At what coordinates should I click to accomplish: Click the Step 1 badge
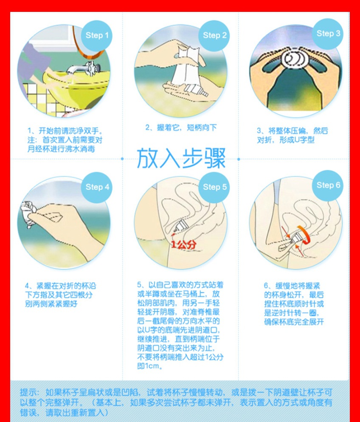point(97,36)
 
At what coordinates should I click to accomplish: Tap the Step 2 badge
point(214,36)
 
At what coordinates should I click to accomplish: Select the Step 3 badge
point(328,34)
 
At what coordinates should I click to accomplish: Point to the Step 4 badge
point(97,187)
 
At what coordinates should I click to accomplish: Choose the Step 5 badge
point(214,187)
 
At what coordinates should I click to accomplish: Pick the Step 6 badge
point(328,186)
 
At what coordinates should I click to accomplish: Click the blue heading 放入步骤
point(181,158)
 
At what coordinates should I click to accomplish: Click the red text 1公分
point(184,245)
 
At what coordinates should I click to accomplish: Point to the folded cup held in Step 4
point(28,214)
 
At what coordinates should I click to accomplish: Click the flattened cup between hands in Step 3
point(295,59)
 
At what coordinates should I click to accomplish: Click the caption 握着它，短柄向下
point(181,127)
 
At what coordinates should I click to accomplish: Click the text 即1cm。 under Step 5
point(150,366)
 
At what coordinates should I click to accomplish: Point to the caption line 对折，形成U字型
point(286,140)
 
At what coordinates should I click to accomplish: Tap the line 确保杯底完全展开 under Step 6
point(294,322)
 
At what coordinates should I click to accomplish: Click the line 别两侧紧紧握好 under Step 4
point(51,304)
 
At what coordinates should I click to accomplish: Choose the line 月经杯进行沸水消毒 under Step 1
point(61,149)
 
